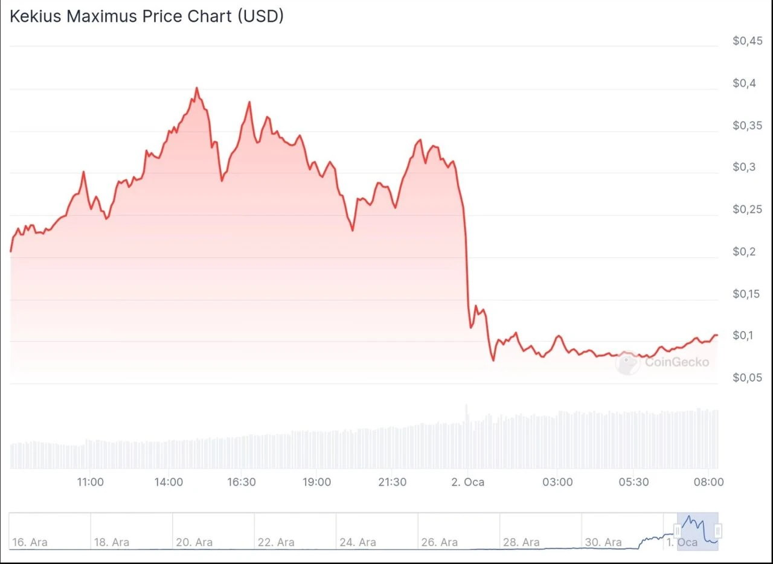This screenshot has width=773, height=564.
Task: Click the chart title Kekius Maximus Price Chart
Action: click(x=146, y=16)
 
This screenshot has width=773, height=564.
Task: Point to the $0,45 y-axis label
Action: click(x=748, y=40)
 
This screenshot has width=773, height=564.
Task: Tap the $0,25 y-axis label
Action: click(x=748, y=210)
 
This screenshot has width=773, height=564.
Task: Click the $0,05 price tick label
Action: click(x=748, y=378)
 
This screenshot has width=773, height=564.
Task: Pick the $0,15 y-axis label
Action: click(x=748, y=294)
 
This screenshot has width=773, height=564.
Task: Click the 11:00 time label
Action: click(x=91, y=482)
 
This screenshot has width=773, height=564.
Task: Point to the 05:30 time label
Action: click(x=634, y=482)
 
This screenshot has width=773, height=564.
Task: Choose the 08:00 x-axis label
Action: click(x=709, y=482)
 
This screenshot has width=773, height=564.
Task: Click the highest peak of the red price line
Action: click(x=197, y=88)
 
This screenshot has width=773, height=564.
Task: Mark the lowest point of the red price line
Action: click(x=493, y=361)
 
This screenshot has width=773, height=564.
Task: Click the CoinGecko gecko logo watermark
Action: click(x=627, y=363)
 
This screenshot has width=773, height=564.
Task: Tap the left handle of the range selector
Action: click(x=678, y=531)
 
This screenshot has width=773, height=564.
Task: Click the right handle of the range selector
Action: click(x=718, y=531)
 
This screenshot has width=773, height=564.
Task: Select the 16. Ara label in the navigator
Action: click(x=30, y=542)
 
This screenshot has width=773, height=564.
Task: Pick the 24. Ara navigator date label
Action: click(x=358, y=542)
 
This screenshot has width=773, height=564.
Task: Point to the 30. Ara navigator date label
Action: click(x=603, y=542)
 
